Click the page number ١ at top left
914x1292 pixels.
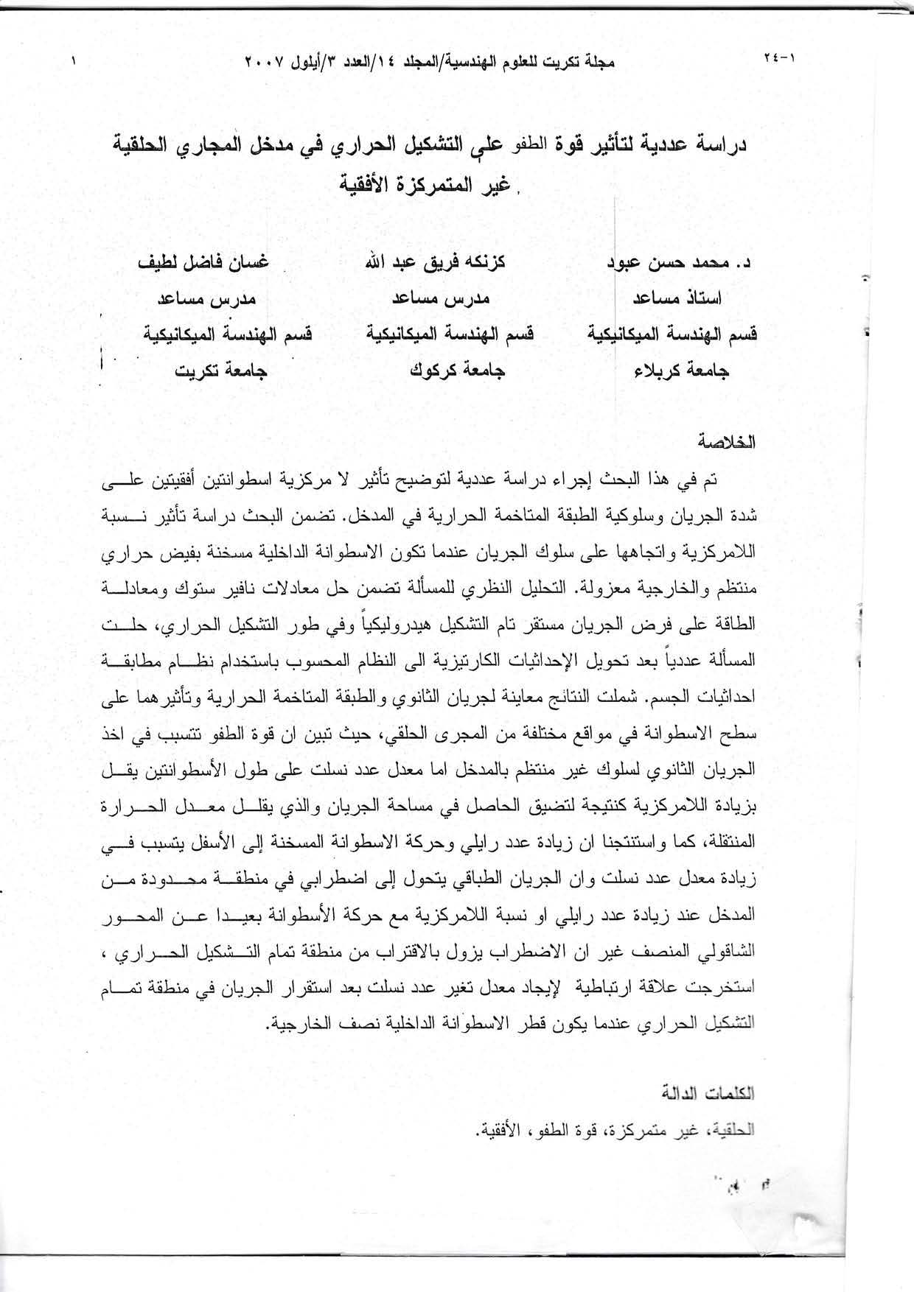coord(74,61)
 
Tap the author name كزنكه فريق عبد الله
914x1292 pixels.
coord(450,264)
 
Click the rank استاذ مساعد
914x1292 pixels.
coord(677,298)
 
